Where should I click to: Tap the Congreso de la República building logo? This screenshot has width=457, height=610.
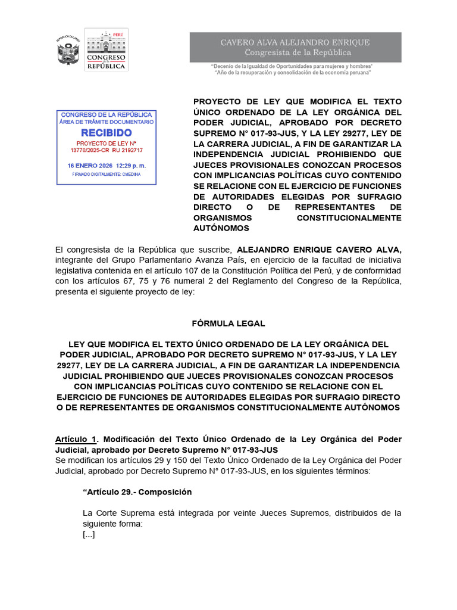106,50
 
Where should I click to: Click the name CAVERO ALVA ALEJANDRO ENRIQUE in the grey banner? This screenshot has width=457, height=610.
295,42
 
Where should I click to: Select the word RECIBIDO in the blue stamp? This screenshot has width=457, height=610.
107,132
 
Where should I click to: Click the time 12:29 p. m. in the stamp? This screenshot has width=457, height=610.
129,165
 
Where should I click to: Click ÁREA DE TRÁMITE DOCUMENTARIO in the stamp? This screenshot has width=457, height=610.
107,122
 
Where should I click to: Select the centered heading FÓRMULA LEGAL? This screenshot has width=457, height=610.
228,323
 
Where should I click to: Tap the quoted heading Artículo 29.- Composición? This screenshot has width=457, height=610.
137,492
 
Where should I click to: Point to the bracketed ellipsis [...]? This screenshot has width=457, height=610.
89,534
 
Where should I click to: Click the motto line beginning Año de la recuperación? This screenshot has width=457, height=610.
292,73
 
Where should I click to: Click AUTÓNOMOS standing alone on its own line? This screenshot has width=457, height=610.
221,228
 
